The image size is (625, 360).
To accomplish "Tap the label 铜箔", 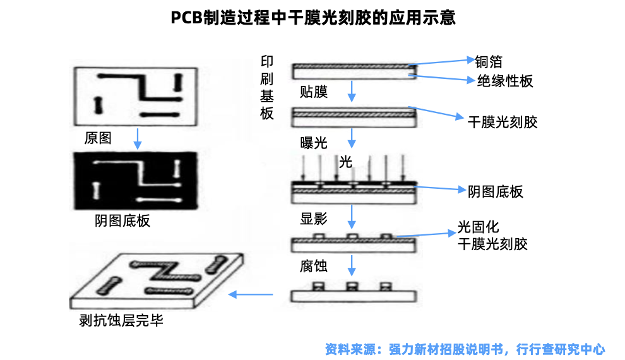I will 489,61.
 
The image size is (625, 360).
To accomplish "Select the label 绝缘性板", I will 504,81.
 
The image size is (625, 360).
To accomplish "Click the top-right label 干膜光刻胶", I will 502,122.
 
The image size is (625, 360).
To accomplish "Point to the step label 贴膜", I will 314,92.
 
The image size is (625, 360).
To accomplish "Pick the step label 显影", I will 314,219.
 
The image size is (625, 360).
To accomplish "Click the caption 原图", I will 98,138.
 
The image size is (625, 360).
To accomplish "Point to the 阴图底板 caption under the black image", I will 122,221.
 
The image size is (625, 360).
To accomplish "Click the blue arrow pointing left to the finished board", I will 251,294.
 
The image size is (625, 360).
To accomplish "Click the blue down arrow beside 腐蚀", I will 352,266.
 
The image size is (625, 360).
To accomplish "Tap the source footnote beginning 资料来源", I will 465,349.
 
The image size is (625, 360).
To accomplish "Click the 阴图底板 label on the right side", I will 496,191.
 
